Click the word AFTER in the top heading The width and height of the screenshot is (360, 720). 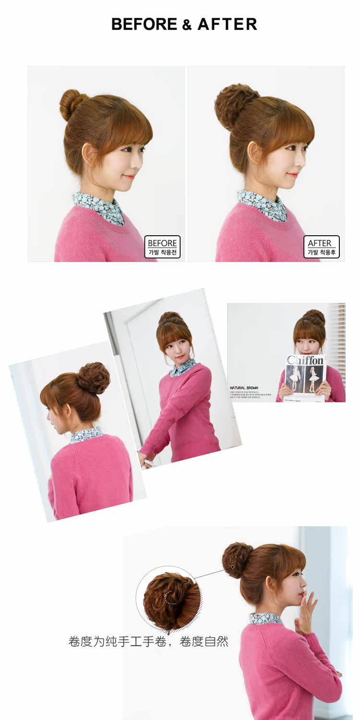click(227, 24)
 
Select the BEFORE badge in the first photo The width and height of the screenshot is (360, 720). click(162, 247)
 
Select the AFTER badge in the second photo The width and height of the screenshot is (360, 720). click(322, 247)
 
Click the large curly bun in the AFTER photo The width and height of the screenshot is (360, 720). click(230, 105)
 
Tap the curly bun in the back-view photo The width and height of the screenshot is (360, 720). click(94, 378)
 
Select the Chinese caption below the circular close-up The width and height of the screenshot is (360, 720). click(148, 641)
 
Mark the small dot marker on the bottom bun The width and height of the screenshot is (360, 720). click(232, 567)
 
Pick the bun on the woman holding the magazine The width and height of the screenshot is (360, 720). click(314, 316)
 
